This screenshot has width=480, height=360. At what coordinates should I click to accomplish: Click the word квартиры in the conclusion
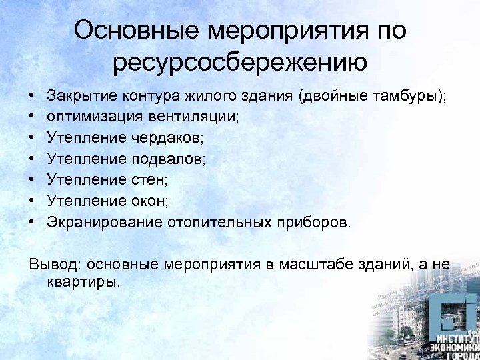pos(84,281)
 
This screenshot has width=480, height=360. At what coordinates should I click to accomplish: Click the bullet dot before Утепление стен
pos(33,180)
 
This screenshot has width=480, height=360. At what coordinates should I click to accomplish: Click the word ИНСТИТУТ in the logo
pos(455,337)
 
